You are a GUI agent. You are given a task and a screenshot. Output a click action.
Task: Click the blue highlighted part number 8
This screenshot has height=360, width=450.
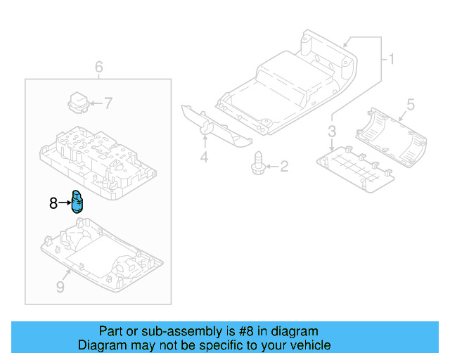click(x=77, y=202)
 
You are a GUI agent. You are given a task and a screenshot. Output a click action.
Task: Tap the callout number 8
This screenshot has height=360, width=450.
click(x=53, y=203)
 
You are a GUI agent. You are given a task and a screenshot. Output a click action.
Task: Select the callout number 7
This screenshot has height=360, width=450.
click(x=108, y=103)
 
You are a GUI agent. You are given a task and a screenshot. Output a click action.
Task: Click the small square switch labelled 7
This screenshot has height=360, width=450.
click(x=78, y=103)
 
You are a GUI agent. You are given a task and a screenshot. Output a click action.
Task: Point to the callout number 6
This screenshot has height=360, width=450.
click(x=98, y=67)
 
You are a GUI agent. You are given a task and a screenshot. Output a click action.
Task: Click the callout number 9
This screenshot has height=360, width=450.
click(x=60, y=287)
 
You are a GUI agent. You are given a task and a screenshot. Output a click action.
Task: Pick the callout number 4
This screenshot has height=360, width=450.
click(x=204, y=157)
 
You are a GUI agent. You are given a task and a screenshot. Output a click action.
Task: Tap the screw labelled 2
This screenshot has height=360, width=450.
click(x=258, y=163)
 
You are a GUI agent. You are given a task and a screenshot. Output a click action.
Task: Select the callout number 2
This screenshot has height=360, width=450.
click(x=284, y=167)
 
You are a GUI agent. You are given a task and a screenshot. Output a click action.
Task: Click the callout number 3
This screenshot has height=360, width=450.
click(x=332, y=131)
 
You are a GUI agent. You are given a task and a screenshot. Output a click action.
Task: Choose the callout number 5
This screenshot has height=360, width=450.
click(x=411, y=105)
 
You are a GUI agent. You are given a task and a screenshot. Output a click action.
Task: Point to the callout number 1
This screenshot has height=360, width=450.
click(x=391, y=59)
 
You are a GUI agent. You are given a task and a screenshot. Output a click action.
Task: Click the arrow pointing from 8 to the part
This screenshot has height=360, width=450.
click(x=65, y=203)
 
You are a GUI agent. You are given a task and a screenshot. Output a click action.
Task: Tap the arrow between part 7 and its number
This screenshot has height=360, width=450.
click(x=96, y=103)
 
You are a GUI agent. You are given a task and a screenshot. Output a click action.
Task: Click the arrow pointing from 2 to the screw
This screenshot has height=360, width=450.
click(x=272, y=166)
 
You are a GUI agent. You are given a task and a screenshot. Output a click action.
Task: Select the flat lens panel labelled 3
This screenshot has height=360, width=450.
click(x=356, y=169)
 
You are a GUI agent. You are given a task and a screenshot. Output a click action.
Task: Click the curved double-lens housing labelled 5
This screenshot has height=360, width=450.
click(x=391, y=137)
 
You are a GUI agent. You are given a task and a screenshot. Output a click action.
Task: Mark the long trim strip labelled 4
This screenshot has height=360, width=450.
click(x=217, y=126)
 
